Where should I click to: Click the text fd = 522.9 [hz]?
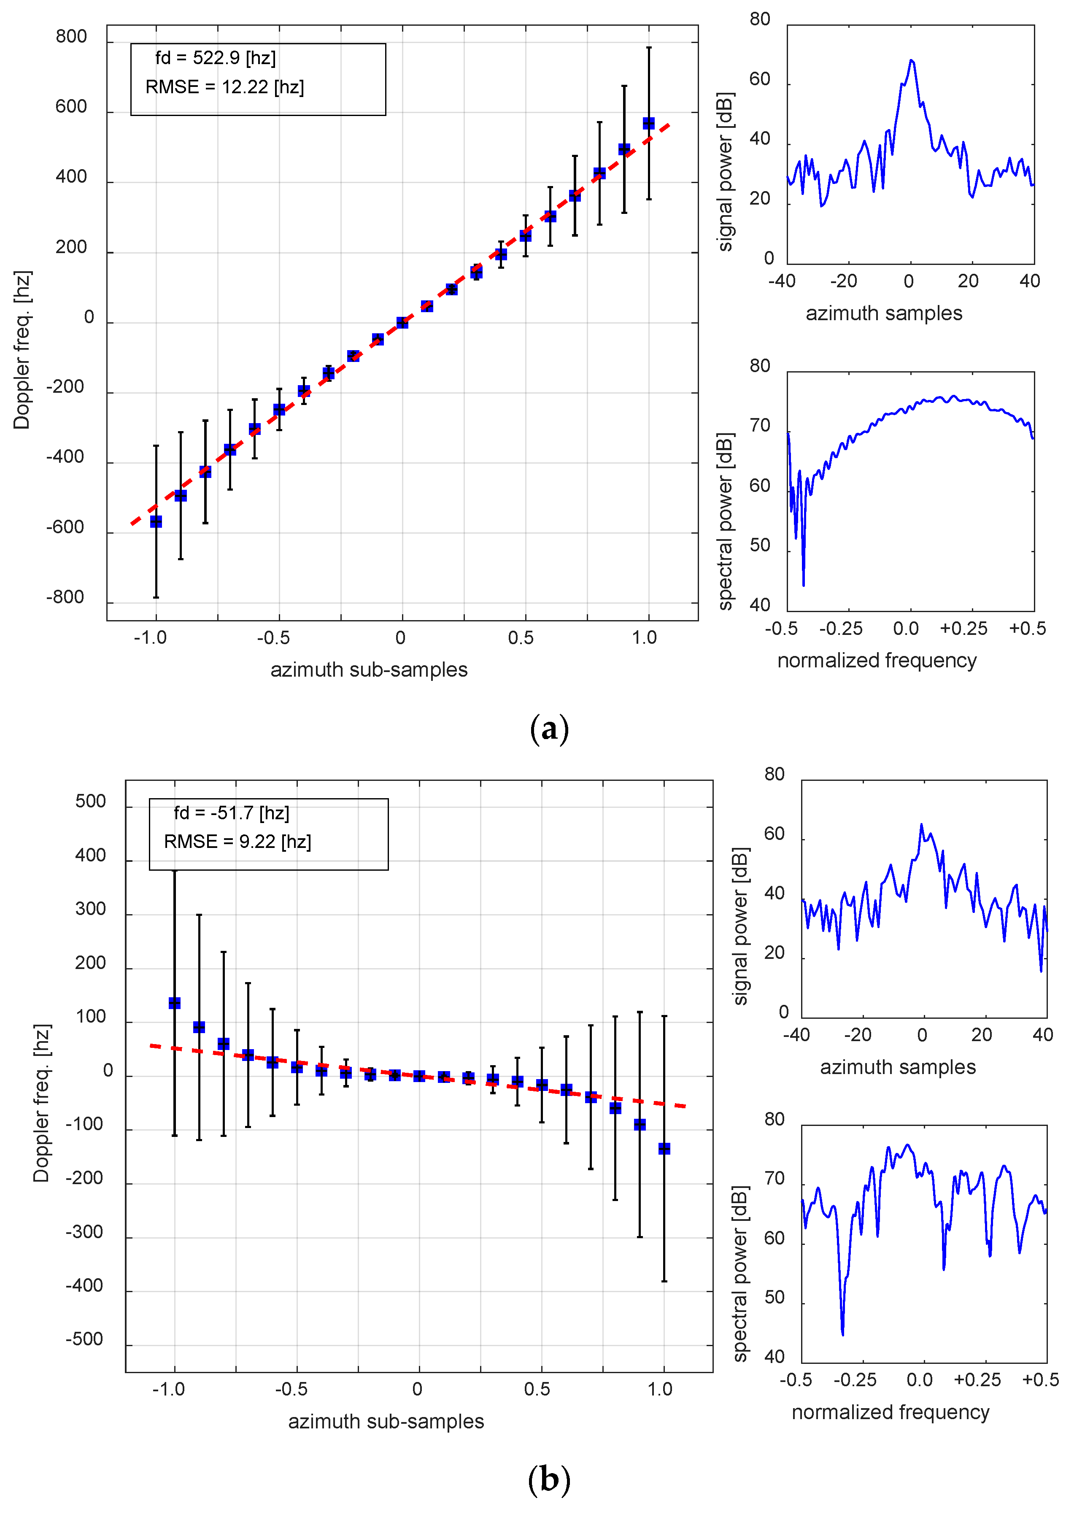pos(216,58)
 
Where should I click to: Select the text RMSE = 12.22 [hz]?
pos(225,87)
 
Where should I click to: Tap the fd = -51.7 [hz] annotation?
pos(231,812)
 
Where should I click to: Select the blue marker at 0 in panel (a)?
pos(402,322)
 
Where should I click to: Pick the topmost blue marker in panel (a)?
pos(648,124)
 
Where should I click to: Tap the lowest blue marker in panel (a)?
pos(156,521)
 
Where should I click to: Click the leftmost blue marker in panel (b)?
pos(175,1003)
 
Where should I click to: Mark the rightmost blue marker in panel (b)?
pos(664,1149)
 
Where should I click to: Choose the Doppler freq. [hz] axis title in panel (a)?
pos(22,350)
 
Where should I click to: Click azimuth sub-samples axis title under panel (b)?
pos(386,1421)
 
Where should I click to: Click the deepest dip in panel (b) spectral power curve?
pos(842,1334)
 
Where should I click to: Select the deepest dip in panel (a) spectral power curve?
pos(804,585)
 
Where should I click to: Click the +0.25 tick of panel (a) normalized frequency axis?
pos(963,628)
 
